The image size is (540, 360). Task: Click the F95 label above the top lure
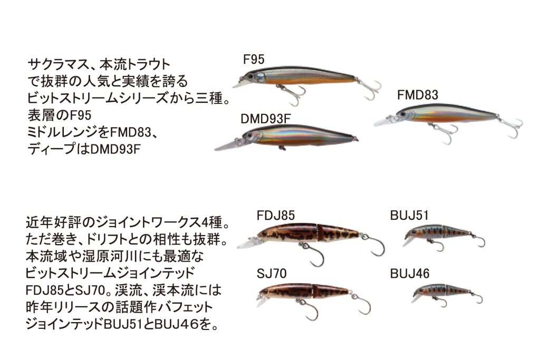254,60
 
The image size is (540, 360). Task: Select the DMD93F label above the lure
266,119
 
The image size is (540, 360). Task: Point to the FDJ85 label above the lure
276,216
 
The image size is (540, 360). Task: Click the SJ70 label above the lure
272,274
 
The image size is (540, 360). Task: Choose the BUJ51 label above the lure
410,216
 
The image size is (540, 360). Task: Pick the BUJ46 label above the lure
410,274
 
